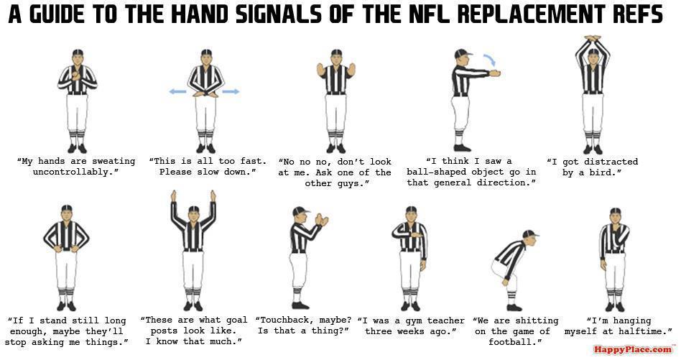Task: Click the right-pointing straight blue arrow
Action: tap(231, 92)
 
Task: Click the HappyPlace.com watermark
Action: tap(633, 350)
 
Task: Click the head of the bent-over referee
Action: tap(530, 237)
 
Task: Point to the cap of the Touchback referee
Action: tap(300, 211)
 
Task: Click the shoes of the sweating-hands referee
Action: tap(77, 149)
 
